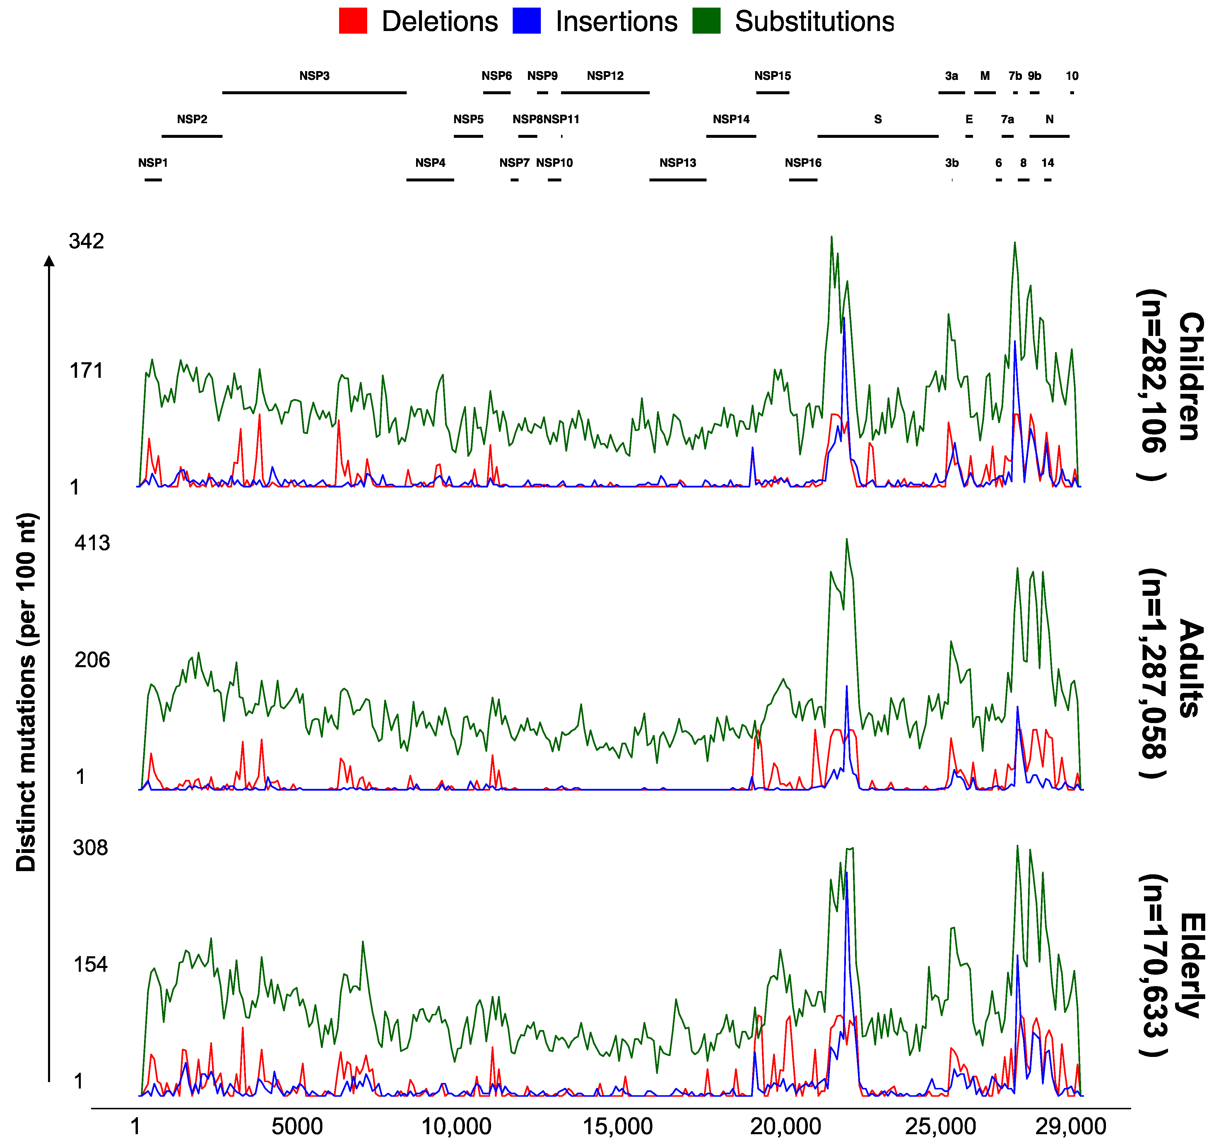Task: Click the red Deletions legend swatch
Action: pos(353,21)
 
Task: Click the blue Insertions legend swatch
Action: pos(526,21)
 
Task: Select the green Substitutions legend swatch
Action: pos(707,21)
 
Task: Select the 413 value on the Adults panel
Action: pos(92,543)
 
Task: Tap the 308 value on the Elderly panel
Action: pos(90,848)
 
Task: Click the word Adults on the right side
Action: pos(1190,668)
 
